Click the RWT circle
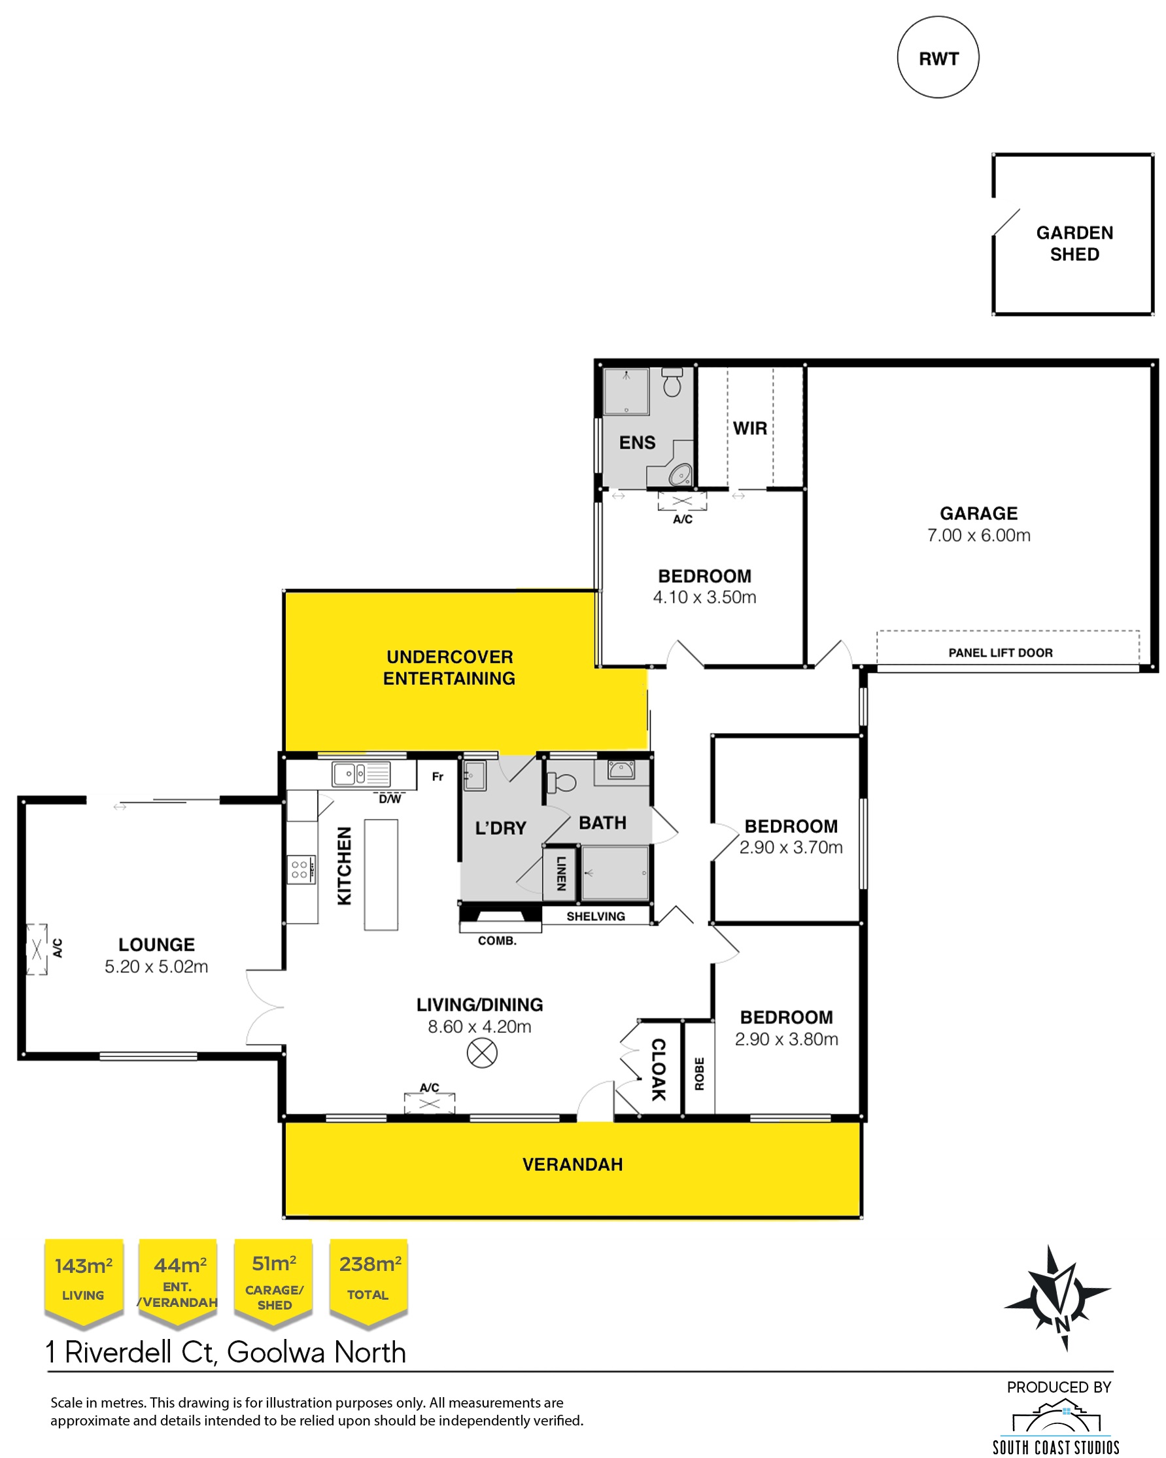point(938,58)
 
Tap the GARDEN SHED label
point(1074,243)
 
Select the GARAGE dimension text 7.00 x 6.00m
point(978,536)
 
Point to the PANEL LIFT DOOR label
point(1001,653)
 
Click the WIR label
point(749,428)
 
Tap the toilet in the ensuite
point(671,382)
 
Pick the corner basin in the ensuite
point(680,474)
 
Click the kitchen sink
point(361,774)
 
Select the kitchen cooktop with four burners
point(300,870)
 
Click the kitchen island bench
point(381,875)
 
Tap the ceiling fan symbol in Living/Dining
point(482,1053)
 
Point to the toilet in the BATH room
point(560,782)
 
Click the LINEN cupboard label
point(561,873)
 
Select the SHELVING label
point(596,916)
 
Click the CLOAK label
point(659,1069)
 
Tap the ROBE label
point(700,1074)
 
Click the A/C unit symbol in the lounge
point(37,949)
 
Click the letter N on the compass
point(1062,1323)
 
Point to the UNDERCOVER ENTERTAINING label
point(449,667)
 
